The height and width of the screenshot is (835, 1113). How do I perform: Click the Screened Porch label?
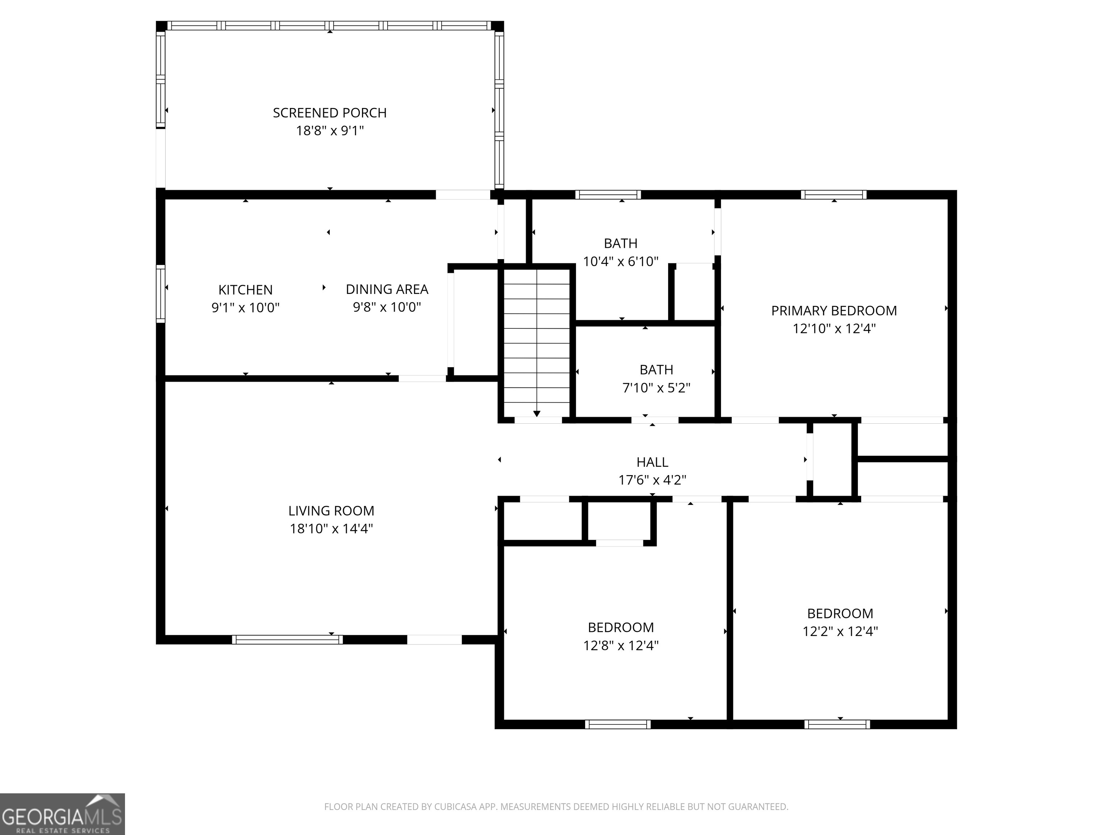click(330, 113)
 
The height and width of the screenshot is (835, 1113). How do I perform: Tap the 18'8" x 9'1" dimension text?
click(330, 131)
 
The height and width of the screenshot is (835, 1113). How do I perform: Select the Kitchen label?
click(246, 290)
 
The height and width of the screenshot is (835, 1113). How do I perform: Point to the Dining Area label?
click(387, 290)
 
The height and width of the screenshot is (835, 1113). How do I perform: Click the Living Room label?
click(331, 511)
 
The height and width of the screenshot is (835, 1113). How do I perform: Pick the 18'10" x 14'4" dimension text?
click(331, 528)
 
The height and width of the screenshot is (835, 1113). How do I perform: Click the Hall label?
click(653, 462)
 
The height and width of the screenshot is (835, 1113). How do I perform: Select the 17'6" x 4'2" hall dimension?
click(653, 480)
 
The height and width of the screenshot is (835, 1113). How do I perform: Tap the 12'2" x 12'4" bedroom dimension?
click(840, 632)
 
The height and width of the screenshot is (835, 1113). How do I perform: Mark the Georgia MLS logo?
click(62, 814)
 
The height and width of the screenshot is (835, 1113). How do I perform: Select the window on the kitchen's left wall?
click(161, 294)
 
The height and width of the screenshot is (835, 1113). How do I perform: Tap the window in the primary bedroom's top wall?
click(834, 195)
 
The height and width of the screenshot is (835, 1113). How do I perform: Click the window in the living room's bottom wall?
click(287, 640)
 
